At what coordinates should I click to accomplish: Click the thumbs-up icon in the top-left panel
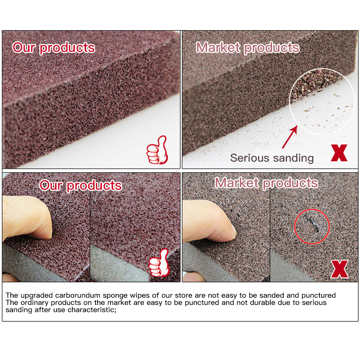point(157,150)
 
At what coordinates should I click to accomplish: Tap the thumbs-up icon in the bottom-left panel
point(159,263)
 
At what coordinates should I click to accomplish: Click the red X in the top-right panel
point(339,153)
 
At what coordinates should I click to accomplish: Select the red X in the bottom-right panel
point(339,269)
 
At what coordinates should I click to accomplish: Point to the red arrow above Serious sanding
point(290,137)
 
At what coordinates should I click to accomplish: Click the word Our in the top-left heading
point(24,48)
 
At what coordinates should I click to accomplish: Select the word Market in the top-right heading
point(218,48)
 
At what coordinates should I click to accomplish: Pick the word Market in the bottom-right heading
point(237,183)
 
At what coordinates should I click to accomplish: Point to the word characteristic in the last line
point(92,310)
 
